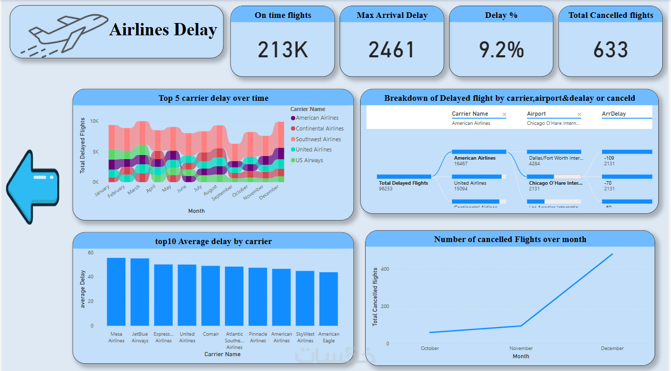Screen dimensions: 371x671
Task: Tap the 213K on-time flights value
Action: (x=282, y=50)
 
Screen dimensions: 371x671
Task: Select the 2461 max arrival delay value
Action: (x=392, y=50)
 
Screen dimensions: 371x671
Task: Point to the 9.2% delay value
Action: (x=501, y=50)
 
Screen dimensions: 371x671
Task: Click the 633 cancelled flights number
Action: (x=611, y=50)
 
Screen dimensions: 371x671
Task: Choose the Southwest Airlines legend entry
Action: (x=318, y=139)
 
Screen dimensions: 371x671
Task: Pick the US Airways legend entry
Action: (x=309, y=160)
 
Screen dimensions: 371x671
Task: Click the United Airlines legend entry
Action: (x=313, y=149)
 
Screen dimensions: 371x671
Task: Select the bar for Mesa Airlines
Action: (x=116, y=292)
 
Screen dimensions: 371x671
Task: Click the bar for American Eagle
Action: (x=329, y=299)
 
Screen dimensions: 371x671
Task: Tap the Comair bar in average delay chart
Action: (x=211, y=296)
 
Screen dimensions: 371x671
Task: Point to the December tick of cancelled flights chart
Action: (x=612, y=348)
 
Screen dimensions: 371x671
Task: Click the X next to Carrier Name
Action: (x=504, y=115)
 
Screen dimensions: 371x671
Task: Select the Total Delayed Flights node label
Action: (x=404, y=183)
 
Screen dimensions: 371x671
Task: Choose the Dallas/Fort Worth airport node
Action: (x=555, y=158)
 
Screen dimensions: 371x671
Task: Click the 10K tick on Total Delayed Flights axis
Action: (x=95, y=121)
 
